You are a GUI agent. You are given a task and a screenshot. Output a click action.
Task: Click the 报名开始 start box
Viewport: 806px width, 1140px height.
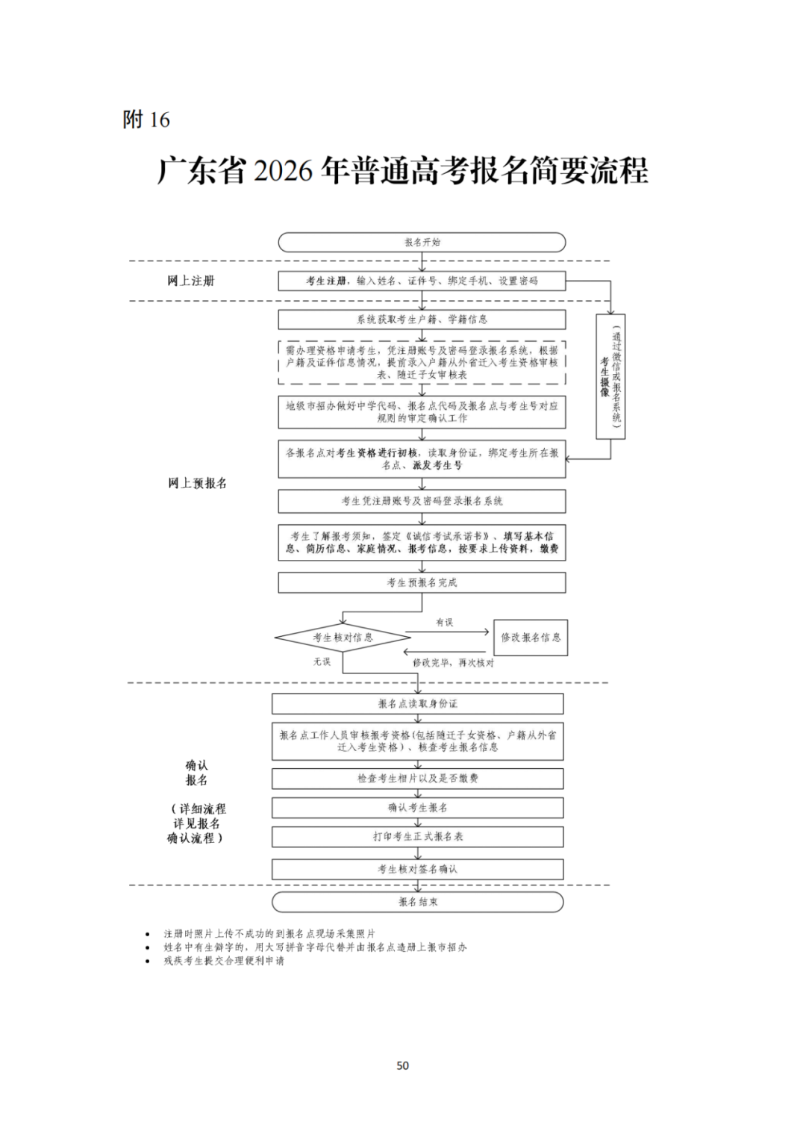click(422, 242)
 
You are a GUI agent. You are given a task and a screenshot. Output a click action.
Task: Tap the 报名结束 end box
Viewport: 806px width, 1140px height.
click(417, 902)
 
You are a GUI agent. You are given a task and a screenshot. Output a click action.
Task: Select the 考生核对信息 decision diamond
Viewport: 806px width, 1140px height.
click(343, 638)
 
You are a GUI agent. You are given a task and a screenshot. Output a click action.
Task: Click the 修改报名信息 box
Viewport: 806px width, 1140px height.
click(531, 638)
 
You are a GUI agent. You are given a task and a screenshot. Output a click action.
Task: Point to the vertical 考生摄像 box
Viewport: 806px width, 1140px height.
click(610, 376)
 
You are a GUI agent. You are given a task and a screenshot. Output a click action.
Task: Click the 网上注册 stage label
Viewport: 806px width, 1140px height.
click(190, 281)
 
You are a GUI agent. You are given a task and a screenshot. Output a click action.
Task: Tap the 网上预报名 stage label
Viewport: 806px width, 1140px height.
click(197, 483)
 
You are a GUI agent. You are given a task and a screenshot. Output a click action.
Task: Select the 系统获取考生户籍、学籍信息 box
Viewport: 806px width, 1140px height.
click(422, 320)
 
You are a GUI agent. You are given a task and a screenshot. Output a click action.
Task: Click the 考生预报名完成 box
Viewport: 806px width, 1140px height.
click(422, 582)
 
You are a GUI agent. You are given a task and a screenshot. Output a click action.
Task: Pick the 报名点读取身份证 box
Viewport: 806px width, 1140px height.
click(417, 704)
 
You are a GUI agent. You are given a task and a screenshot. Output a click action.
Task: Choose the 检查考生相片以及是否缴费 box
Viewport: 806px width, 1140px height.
click(417, 779)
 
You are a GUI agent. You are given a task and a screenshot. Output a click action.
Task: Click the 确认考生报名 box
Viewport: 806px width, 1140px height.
click(417, 808)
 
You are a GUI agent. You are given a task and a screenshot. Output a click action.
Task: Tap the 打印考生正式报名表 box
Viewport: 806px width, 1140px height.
click(417, 837)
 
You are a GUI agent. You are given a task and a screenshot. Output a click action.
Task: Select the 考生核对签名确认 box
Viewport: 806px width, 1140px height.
click(417, 869)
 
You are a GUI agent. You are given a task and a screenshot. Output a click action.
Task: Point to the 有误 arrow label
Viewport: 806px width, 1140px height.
click(444, 622)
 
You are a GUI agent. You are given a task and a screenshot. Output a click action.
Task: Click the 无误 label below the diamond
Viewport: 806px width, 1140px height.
click(322, 661)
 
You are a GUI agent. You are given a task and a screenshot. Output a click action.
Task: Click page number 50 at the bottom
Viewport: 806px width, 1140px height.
click(403, 1065)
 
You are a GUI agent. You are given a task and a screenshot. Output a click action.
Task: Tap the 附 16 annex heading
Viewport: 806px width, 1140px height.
click(146, 119)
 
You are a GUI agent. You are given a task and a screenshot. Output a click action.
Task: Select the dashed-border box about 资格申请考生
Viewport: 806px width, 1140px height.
click(422, 362)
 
